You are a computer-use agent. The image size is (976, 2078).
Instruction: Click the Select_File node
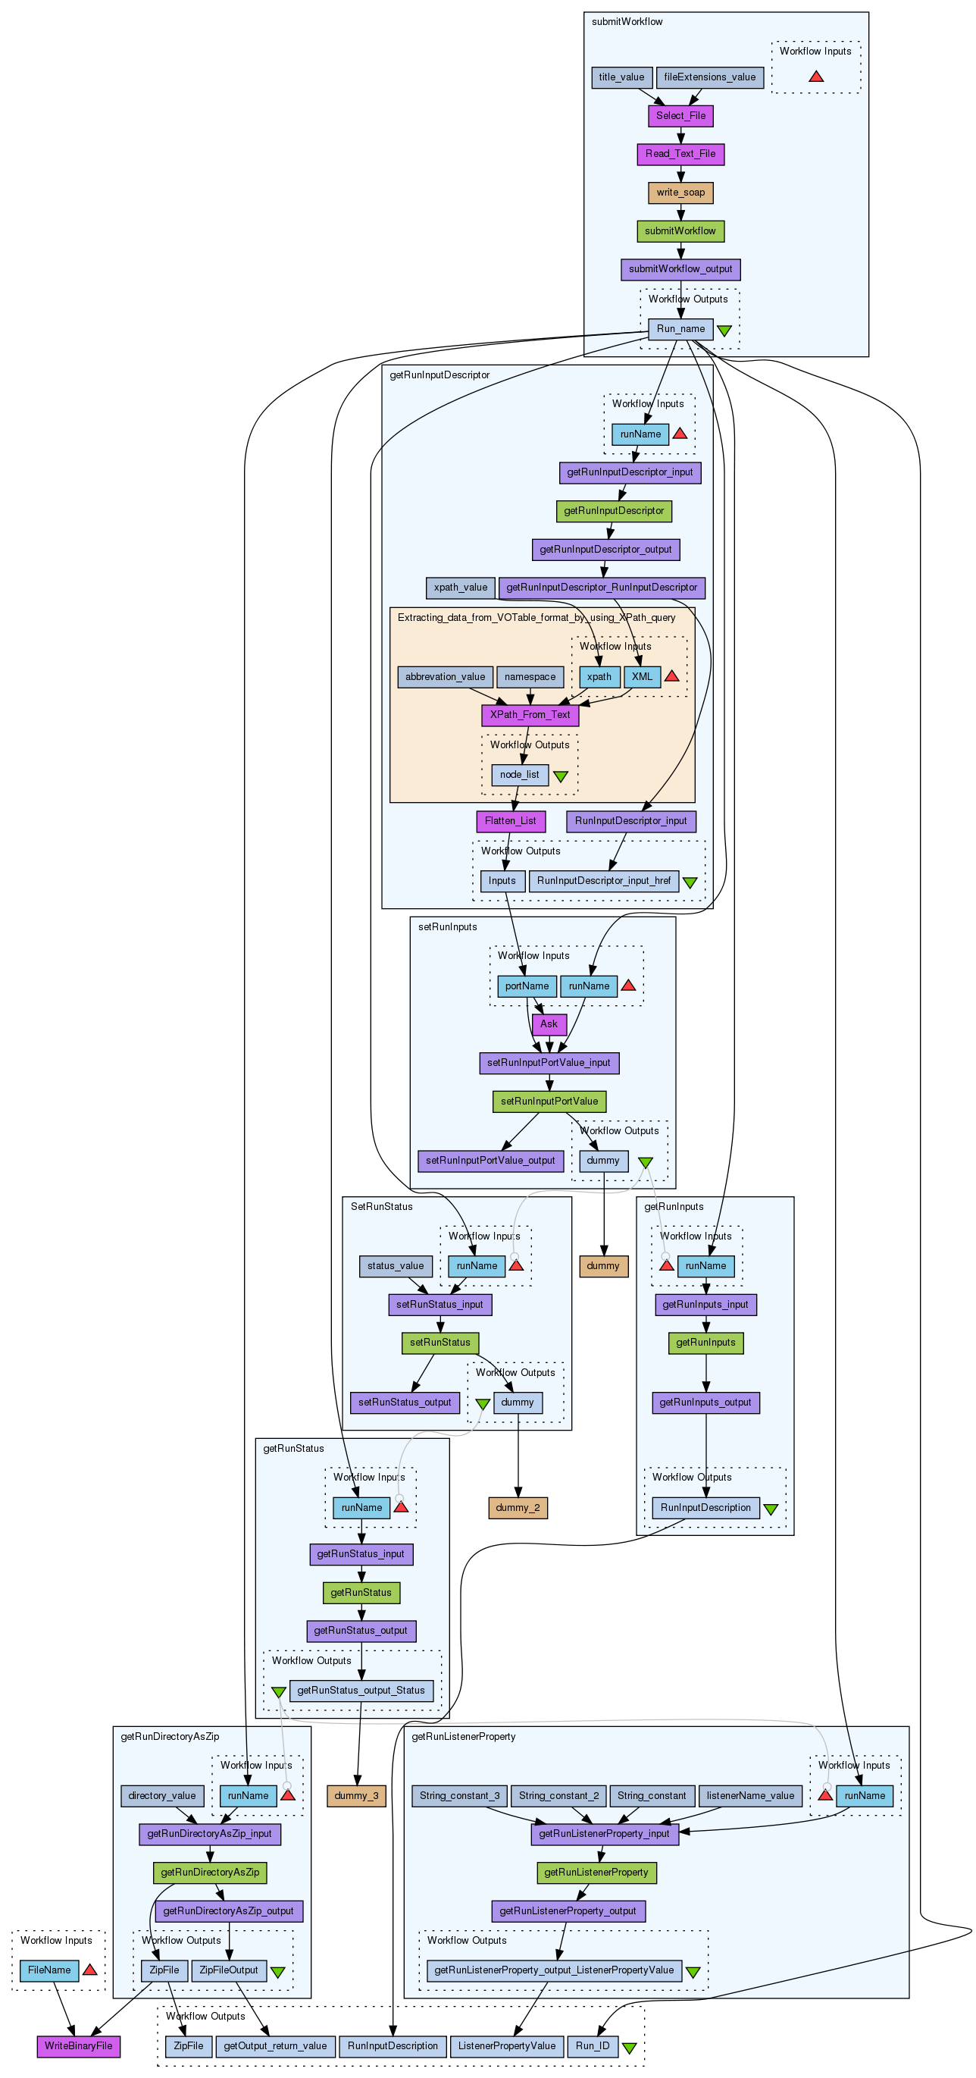tap(680, 115)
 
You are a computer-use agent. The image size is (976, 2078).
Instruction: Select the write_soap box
tap(680, 193)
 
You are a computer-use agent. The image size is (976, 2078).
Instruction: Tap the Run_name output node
tap(680, 329)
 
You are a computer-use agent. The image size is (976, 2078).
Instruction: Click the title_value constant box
tap(621, 77)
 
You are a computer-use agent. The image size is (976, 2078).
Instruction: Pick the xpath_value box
tap(460, 588)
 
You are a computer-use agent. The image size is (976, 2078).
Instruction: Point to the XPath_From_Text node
tap(529, 715)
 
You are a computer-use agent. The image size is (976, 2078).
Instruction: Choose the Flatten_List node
tap(510, 821)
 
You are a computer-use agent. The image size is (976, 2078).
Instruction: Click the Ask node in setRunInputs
tap(549, 1024)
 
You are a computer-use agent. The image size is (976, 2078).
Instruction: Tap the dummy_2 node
tap(518, 1508)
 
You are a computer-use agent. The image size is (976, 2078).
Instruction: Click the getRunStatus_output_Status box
tap(361, 1690)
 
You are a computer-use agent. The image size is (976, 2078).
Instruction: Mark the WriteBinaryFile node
tap(78, 2045)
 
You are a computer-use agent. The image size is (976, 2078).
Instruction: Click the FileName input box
tap(49, 1970)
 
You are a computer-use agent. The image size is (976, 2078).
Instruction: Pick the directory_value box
tap(162, 1796)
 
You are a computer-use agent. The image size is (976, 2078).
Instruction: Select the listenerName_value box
tap(750, 1796)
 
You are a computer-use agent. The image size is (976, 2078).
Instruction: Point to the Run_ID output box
tap(593, 2045)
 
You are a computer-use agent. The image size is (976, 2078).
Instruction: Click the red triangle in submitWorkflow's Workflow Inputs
tap(815, 77)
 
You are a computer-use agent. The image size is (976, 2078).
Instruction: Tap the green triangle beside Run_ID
tap(629, 2048)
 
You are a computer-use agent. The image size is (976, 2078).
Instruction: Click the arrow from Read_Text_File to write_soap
tap(680, 174)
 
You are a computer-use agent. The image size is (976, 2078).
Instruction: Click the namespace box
tap(530, 677)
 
